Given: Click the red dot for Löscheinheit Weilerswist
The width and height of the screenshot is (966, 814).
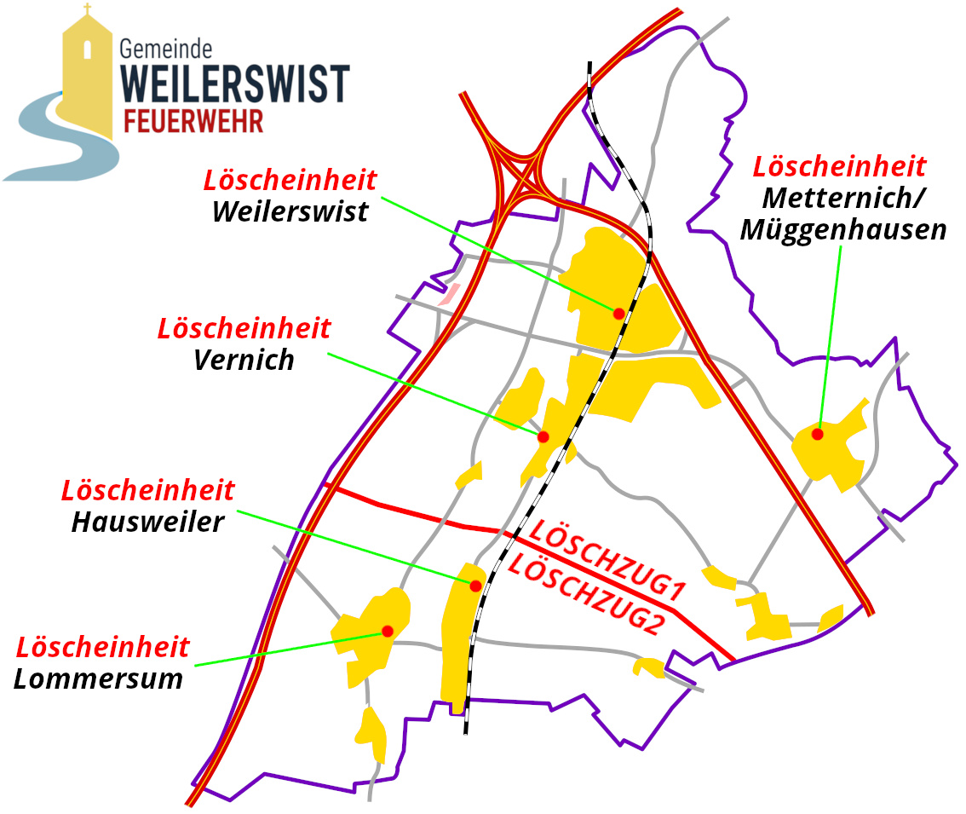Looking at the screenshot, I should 619,314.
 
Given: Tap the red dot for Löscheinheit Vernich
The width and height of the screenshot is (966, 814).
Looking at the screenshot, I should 543,437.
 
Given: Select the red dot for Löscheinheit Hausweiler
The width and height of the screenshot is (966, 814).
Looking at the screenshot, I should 475,586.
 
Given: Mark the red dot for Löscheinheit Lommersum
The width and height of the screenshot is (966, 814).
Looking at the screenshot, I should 388,632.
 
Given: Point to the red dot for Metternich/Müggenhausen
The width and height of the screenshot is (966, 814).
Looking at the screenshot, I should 817,434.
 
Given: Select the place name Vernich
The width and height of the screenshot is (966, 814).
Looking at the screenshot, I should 244,360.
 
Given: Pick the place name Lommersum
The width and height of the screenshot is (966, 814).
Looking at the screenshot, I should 99,678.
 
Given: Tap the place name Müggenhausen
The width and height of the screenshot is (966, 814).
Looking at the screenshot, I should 842,229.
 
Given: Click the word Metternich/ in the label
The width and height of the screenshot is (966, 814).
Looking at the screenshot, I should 843,197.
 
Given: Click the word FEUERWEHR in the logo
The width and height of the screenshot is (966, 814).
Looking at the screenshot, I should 193,120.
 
